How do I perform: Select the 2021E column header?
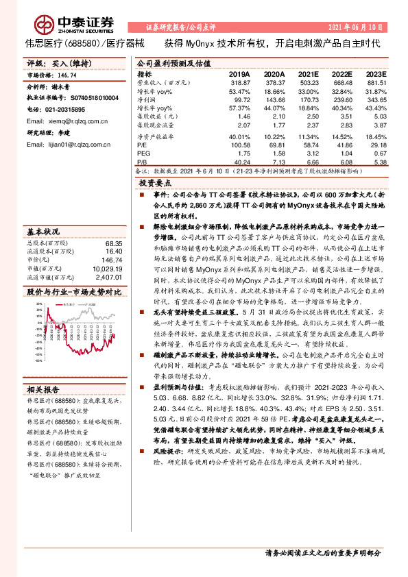pos(309,73)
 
